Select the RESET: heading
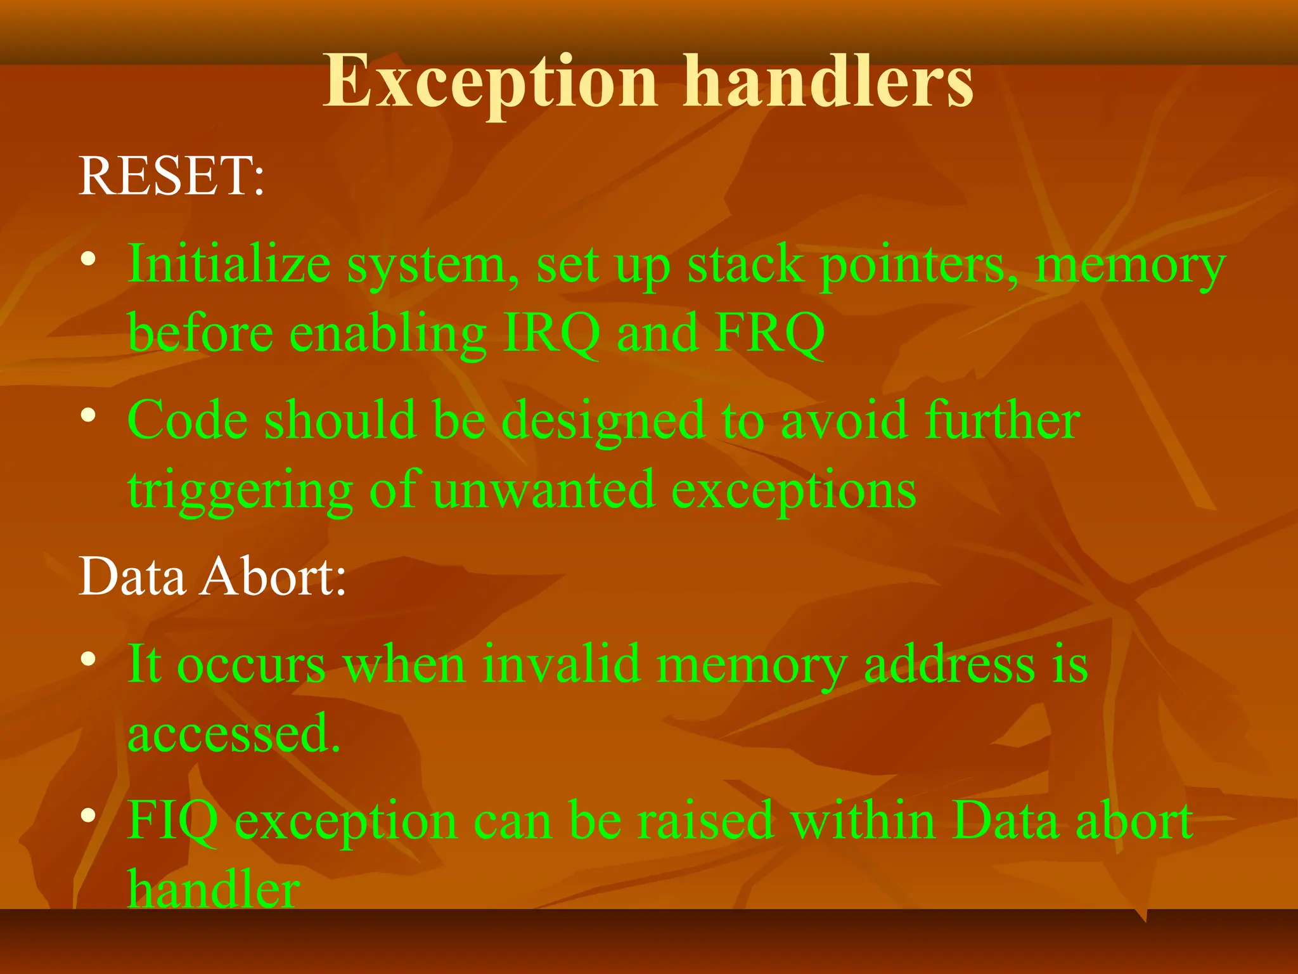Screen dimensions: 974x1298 point(171,176)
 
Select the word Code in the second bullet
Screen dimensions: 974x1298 point(188,420)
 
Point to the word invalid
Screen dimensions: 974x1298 point(561,664)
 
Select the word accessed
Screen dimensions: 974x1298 point(234,734)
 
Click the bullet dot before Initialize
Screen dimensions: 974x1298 point(89,259)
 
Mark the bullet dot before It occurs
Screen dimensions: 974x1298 point(89,659)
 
